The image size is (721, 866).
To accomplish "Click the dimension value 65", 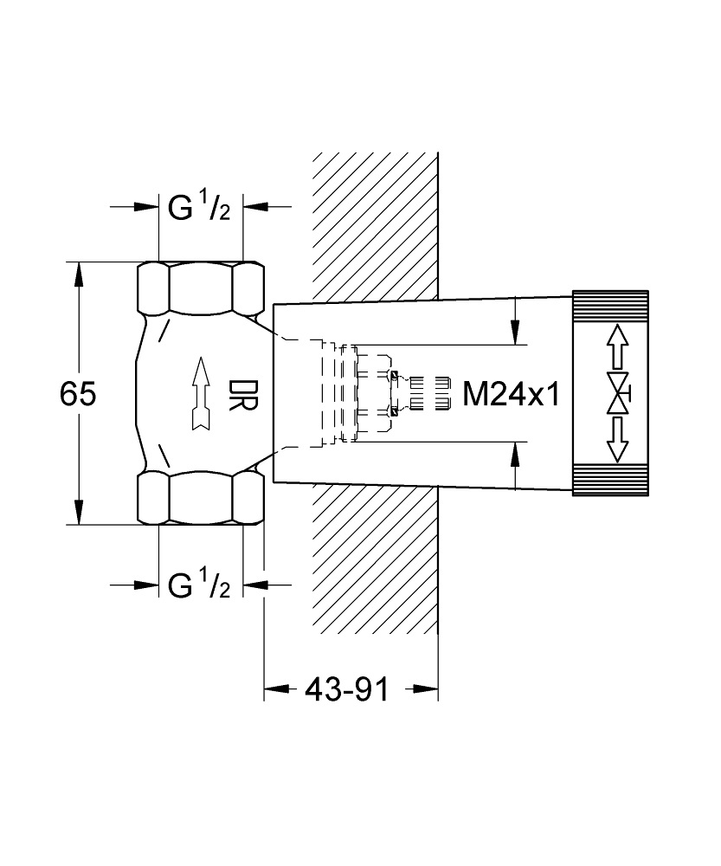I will click(77, 394).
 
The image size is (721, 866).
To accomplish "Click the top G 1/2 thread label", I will click(199, 209).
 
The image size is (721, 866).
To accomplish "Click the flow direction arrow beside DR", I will click(201, 394).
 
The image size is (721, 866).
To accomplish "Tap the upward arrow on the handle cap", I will click(615, 346).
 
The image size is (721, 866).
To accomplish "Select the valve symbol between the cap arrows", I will click(617, 394).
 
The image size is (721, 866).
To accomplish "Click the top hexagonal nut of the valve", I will click(201, 288).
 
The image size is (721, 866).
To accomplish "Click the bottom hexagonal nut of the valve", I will click(201, 499).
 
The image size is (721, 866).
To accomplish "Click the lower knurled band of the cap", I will click(609, 481).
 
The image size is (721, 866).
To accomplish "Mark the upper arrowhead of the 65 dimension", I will click(80, 275).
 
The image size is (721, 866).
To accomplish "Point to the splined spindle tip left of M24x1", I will click(429, 394).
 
